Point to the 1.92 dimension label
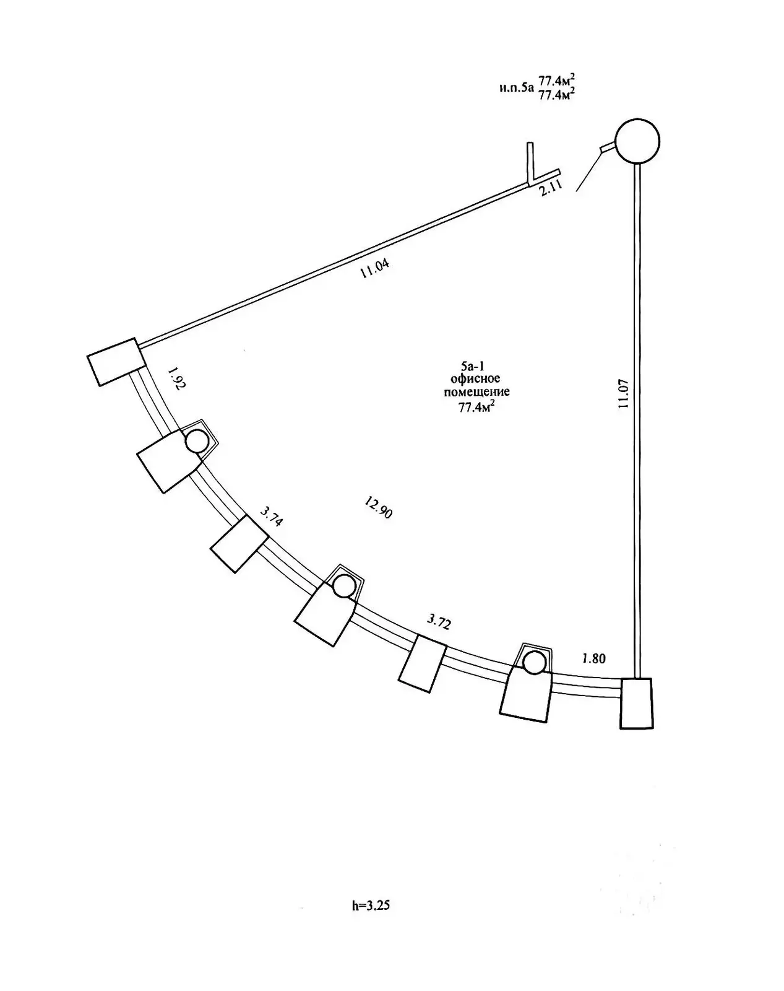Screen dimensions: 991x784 coord(176,378)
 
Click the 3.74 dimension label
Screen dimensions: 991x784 coord(272,516)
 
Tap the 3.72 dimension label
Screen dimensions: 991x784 coord(439,621)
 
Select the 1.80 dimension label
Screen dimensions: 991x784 coord(593,658)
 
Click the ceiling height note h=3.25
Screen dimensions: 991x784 coord(371,906)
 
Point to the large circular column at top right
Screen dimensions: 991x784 coord(637,141)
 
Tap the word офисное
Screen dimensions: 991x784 coord(476,378)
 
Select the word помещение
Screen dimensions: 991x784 coord(477,391)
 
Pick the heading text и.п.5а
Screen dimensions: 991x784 coord(515,87)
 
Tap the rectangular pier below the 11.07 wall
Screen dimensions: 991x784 coord(637,703)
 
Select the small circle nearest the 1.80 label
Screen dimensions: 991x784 coord(533,663)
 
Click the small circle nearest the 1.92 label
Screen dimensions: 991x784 coord(197,442)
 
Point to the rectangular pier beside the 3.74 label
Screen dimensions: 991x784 coord(239,544)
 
